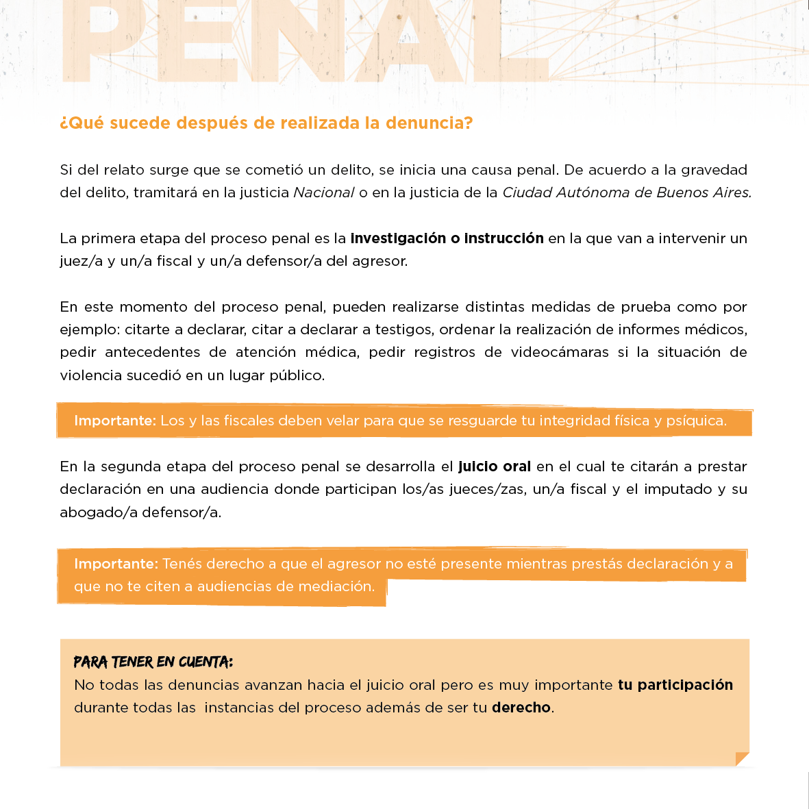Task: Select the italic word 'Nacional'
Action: coord(324,192)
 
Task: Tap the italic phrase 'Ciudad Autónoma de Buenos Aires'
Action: coord(626,192)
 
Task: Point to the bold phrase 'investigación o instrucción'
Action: coord(447,238)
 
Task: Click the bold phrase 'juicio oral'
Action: coord(495,466)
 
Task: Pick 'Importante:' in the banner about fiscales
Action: coord(115,421)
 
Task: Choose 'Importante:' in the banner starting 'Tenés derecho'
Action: coord(116,564)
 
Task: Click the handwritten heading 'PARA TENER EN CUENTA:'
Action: coord(153,662)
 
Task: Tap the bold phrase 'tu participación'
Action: coord(675,685)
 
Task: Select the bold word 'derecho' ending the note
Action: coord(521,708)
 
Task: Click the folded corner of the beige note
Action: coord(741,759)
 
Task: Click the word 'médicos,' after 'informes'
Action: coord(717,329)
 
